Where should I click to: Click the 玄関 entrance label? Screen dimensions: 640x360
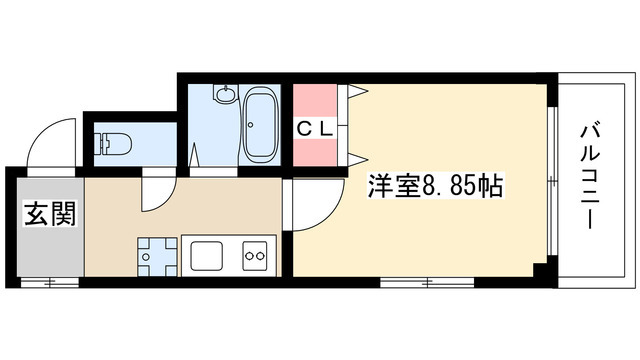point(50,214)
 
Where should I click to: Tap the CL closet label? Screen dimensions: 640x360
point(315,129)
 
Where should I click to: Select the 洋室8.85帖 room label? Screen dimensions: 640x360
point(435,186)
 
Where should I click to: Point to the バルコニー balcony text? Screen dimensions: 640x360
point(591,177)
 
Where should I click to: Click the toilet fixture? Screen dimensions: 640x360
point(112,144)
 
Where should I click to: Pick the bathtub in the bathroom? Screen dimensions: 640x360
point(260,124)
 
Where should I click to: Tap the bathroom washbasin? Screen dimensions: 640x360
point(224,95)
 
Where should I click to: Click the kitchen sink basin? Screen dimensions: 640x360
point(207,256)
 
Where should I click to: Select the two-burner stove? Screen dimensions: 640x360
point(255,256)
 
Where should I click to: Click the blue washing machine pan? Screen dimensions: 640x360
point(157,256)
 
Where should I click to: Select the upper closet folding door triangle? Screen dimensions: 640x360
point(358,92)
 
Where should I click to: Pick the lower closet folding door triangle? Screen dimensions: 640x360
point(358,159)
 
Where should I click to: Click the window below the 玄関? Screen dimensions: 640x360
point(50,282)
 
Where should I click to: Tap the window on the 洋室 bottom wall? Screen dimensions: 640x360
point(427,282)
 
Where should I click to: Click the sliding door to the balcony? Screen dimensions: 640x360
point(552,181)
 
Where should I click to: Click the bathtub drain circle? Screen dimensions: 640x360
point(251,124)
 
